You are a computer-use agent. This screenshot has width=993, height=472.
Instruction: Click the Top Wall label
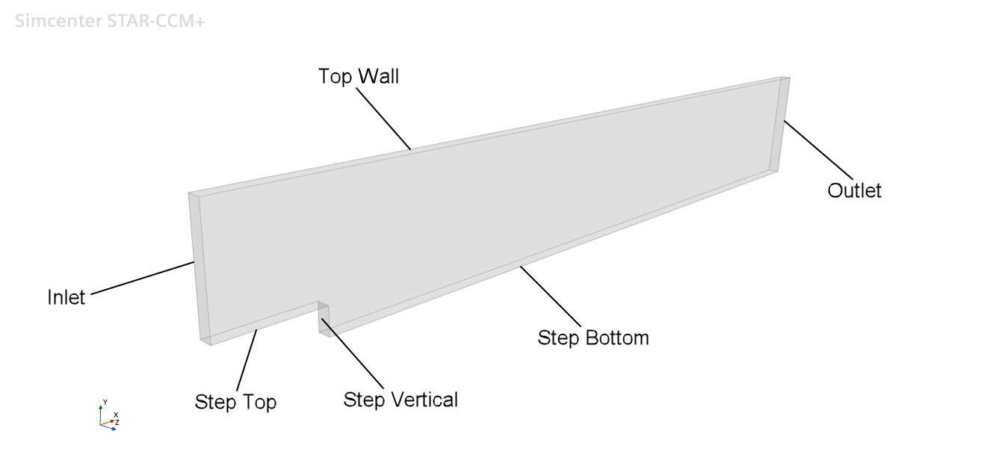pos(359,76)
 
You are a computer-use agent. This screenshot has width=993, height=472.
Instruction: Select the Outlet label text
pos(854,190)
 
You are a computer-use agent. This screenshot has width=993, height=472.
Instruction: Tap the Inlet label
pos(66,297)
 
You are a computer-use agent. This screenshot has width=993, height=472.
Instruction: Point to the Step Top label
pos(235,402)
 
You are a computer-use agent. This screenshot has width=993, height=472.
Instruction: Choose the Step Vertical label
pos(400,400)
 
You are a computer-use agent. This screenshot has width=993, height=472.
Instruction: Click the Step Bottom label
pos(593,338)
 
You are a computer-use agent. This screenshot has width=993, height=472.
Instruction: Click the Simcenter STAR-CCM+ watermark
pos(110,21)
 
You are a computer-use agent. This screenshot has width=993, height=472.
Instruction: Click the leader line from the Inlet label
pos(142,278)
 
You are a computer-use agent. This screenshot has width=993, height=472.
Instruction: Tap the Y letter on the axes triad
pos(105,402)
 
